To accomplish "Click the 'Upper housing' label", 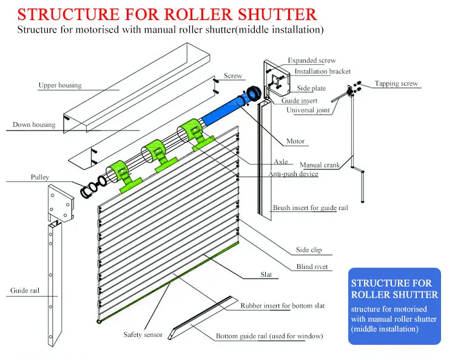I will (x=59, y=86).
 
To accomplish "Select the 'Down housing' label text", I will (x=34, y=125).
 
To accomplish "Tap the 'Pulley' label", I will (x=39, y=177).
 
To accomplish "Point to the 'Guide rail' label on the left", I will (x=24, y=291).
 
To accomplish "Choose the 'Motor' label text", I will (x=295, y=141).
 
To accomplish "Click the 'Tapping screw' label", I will (x=396, y=84).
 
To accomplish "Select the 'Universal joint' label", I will (x=308, y=110).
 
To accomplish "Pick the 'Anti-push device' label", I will (x=293, y=174).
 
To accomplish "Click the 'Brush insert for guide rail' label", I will (x=310, y=208).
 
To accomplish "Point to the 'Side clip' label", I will (x=309, y=250).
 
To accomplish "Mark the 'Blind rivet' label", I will (x=313, y=267).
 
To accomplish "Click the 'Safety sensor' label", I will (x=143, y=335).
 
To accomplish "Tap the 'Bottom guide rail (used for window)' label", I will (x=269, y=336).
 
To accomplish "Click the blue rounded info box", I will (x=394, y=306).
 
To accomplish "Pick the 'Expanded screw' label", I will (x=311, y=61).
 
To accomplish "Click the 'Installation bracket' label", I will (x=322, y=72).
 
